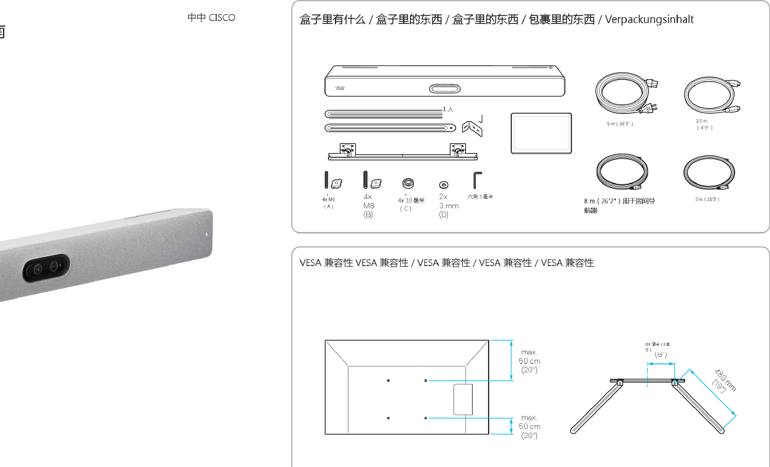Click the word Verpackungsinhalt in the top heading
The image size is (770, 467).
[649, 20]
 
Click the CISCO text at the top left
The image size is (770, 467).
[222, 18]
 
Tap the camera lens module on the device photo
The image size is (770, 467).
[46, 268]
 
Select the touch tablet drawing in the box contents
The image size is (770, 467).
[541, 133]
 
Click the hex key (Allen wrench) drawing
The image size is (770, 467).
[477, 181]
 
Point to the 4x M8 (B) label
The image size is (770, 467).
[368, 206]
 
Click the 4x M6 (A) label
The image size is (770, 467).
[329, 202]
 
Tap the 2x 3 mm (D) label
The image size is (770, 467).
[448, 206]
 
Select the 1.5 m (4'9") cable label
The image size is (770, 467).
[703, 125]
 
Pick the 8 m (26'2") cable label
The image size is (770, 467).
[619, 205]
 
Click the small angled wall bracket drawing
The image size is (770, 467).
[472, 126]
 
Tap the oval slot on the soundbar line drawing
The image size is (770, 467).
[444, 88]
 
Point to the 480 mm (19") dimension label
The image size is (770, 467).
[724, 380]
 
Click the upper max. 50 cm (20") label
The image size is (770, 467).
[529, 361]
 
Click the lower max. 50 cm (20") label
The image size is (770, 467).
[529, 426]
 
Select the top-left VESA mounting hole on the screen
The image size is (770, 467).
[388, 381]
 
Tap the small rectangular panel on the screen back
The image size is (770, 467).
[463, 399]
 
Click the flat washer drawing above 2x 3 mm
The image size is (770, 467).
[444, 184]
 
